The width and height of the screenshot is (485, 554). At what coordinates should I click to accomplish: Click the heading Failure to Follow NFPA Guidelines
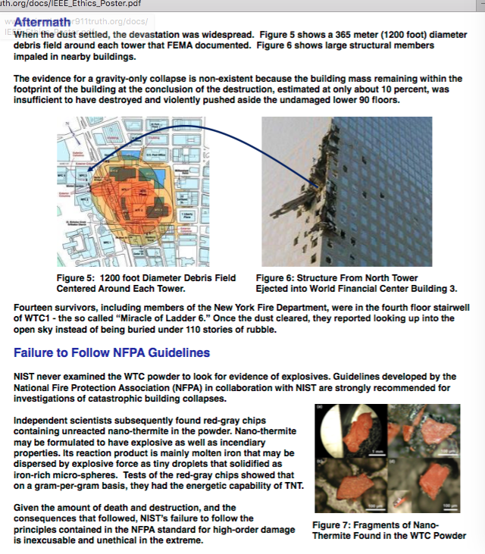tap(111, 352)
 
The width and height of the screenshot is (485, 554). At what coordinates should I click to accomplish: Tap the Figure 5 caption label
tap(79, 278)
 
